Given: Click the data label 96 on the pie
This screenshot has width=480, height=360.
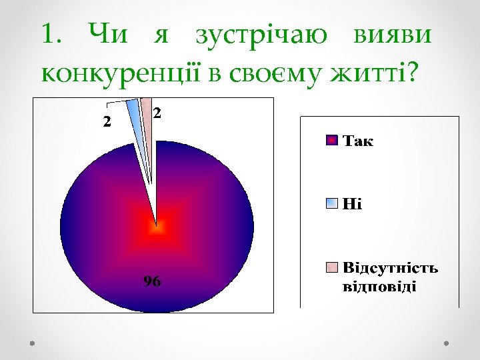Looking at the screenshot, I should click(x=152, y=282).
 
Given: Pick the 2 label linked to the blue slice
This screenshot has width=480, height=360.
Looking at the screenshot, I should click(x=106, y=121).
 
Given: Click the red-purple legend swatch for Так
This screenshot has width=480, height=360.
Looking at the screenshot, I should click(x=331, y=141).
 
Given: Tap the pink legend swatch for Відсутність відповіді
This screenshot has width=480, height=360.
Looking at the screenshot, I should click(x=331, y=268).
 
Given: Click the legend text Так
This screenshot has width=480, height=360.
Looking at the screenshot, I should click(x=358, y=141).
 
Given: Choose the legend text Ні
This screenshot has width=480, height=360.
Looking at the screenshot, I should click(x=352, y=204).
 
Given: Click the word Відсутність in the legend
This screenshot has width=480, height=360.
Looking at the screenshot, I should click(x=390, y=268).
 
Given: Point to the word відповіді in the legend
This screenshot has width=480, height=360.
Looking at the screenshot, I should click(x=379, y=287).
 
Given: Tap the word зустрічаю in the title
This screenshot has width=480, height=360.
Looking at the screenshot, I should click(x=261, y=35).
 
